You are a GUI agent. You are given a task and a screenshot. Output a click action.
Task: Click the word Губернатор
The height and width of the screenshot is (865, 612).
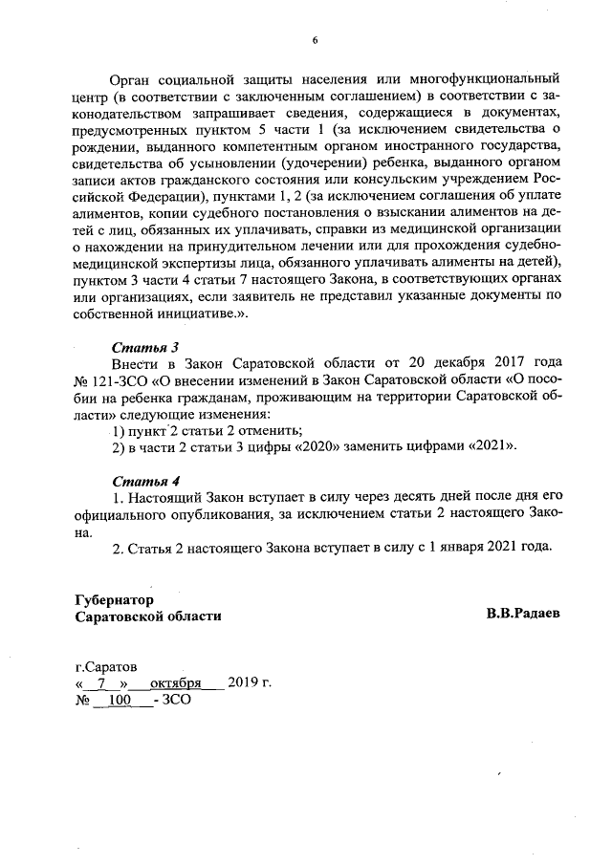click(x=113, y=599)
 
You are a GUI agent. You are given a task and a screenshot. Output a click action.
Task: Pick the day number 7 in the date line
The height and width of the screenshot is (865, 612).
click(x=103, y=683)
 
